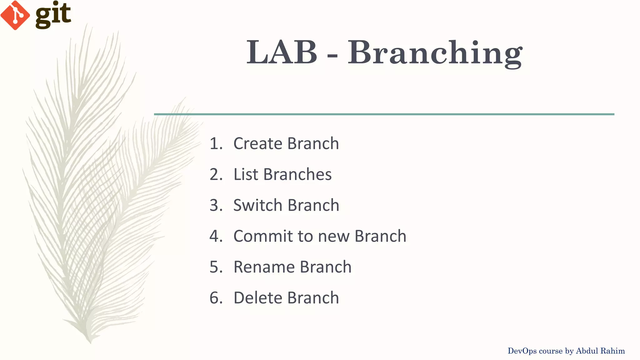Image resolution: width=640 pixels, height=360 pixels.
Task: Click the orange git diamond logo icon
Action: (x=15, y=15)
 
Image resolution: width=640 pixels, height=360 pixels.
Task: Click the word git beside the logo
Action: (x=53, y=15)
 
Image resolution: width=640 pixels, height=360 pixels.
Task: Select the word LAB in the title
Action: (x=282, y=52)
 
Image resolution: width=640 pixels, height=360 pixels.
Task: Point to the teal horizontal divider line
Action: (x=384, y=114)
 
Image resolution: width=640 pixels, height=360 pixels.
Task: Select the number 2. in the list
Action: (x=216, y=174)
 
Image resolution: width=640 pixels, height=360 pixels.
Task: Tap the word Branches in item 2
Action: (x=297, y=174)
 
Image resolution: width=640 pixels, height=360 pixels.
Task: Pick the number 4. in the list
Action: (x=216, y=236)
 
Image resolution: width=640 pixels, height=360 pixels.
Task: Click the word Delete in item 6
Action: (x=258, y=297)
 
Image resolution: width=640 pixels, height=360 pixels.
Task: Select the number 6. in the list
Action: (x=216, y=297)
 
